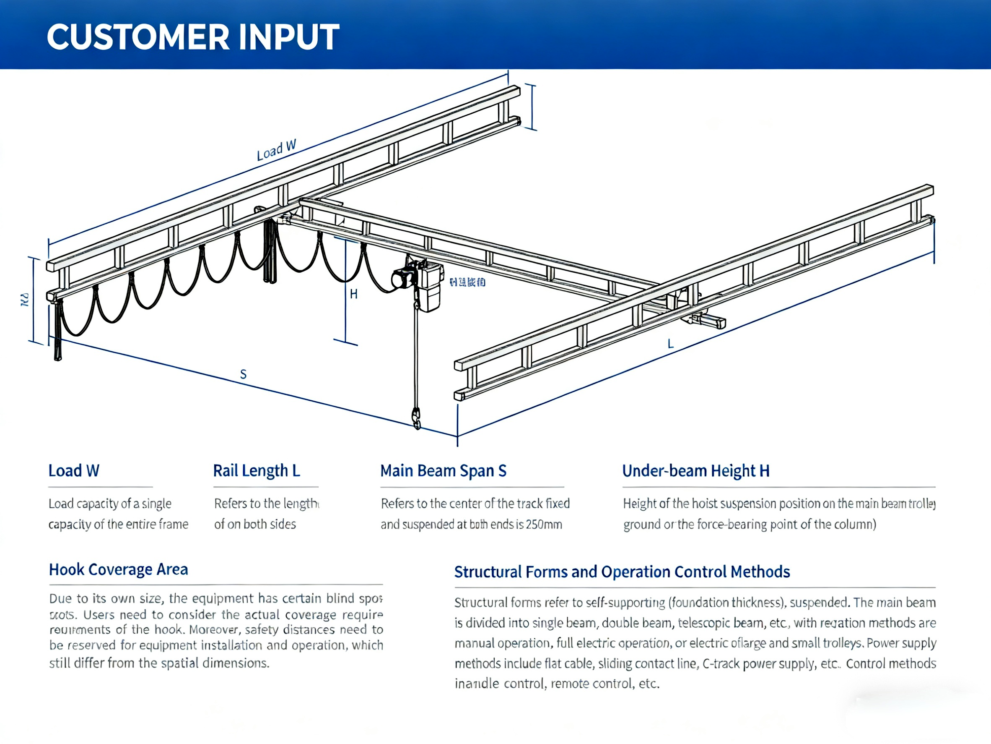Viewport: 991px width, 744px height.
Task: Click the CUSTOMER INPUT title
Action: point(193,37)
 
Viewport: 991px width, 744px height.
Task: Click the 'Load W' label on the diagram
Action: point(276,150)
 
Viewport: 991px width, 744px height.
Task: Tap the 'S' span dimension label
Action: point(243,374)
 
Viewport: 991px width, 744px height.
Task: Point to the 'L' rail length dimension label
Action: point(670,344)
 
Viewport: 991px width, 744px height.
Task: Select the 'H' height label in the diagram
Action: point(353,294)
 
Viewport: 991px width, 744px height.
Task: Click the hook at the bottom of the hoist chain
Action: point(417,418)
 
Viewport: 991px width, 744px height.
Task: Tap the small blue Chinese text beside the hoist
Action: point(467,282)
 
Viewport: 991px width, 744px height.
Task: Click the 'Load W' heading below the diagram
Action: point(74,471)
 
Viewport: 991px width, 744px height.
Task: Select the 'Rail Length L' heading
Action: point(256,471)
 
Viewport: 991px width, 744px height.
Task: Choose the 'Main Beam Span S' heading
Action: point(443,471)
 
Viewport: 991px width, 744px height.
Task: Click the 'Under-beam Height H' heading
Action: point(696,471)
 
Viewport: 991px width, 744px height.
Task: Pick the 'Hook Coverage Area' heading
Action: point(118,569)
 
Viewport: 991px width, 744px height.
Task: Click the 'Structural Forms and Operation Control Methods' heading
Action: point(622,572)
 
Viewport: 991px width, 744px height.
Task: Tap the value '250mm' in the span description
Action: point(544,524)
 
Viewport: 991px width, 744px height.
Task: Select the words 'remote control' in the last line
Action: point(591,684)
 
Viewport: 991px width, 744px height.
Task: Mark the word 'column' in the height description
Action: point(851,524)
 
